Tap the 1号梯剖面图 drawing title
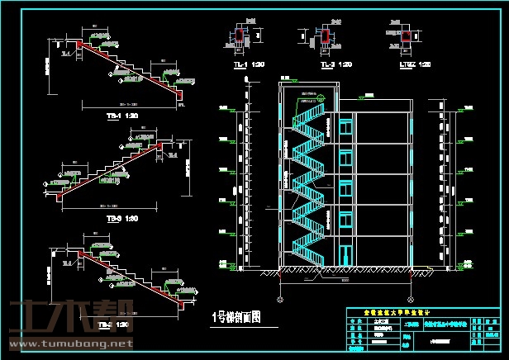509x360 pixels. point(236,316)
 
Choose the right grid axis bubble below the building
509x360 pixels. point(410,299)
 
